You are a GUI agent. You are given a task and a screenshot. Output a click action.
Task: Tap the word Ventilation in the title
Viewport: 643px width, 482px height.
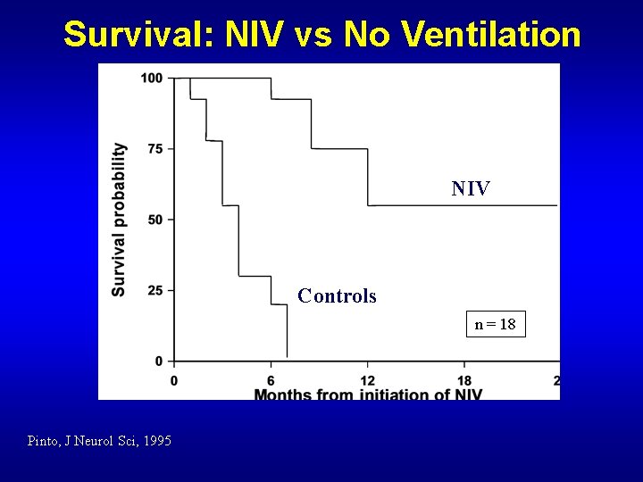(491, 35)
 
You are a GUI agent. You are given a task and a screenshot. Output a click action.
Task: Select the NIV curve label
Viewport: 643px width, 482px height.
(470, 188)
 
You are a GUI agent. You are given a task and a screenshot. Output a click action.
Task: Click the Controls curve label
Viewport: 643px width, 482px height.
(337, 295)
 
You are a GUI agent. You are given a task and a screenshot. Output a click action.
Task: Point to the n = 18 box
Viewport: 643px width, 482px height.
(495, 324)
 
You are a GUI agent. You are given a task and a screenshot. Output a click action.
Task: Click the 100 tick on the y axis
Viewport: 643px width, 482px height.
(151, 79)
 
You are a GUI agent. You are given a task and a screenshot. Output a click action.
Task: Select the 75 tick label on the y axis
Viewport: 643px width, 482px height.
(154, 149)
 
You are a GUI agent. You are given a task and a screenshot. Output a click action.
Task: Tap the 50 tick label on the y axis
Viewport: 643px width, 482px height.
(154, 220)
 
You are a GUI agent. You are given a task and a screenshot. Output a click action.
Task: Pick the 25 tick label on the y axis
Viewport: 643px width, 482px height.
(154, 290)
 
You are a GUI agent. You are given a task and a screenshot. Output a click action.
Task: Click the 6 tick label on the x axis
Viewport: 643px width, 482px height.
(271, 379)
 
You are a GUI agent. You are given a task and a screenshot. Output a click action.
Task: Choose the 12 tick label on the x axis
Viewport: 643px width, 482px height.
(367, 379)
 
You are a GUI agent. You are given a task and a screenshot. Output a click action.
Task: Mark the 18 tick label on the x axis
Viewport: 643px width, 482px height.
(464, 379)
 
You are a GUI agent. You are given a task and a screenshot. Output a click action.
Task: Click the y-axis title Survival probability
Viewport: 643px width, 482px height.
(119, 220)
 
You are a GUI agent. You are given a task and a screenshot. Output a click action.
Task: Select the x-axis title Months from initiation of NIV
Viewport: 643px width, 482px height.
(367, 395)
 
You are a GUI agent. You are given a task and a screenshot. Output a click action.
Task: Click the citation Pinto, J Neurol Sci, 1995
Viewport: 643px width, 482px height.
(99, 441)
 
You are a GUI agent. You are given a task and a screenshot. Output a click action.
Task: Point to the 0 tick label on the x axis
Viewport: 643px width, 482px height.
(174, 379)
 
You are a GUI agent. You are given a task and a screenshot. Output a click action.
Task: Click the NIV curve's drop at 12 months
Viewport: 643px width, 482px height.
(368, 177)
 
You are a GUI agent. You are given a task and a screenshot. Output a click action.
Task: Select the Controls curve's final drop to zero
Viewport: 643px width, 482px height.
(287, 330)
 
